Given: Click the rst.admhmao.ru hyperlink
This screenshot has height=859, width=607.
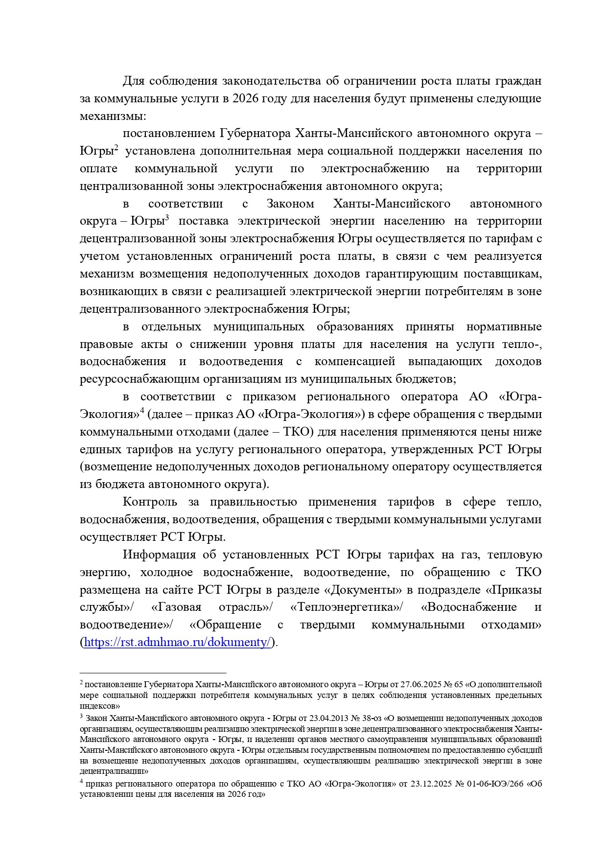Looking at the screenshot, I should (177, 642).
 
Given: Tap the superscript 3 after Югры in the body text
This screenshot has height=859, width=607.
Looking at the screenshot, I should (166, 218).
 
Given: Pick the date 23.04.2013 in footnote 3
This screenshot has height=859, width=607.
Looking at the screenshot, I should (328, 718).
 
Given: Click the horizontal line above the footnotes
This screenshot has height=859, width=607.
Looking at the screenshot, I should (153, 673).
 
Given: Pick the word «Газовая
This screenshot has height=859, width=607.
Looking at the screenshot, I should (176, 607).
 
